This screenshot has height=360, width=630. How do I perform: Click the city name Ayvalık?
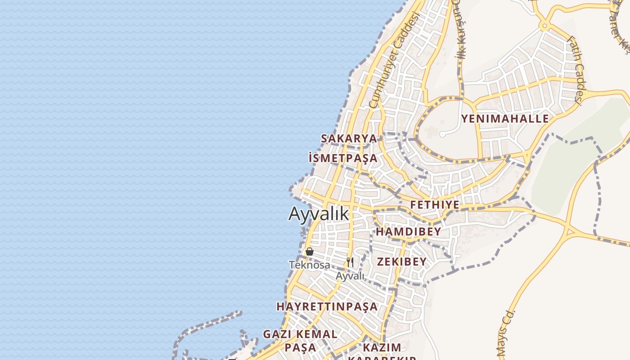click(319, 213)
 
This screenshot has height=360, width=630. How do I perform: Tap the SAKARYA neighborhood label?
click(349, 138)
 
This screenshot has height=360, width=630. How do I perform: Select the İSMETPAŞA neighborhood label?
click(343, 158)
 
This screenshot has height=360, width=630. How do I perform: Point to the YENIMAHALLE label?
click(504, 119)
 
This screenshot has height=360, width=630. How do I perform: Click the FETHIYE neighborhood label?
click(435, 205)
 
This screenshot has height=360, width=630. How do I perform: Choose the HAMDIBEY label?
click(408, 232)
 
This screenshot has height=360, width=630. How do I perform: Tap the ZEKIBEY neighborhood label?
click(401, 262)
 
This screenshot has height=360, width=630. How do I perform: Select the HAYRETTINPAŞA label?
click(327, 306)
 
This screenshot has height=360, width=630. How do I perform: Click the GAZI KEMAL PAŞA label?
click(300, 341)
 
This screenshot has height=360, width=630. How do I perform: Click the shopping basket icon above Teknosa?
click(310, 252)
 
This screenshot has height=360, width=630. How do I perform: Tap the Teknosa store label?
click(310, 265)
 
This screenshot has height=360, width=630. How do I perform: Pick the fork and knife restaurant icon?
click(350, 262)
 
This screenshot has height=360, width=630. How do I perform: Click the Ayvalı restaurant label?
click(350, 276)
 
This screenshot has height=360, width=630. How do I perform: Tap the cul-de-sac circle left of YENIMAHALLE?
click(442, 134)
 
